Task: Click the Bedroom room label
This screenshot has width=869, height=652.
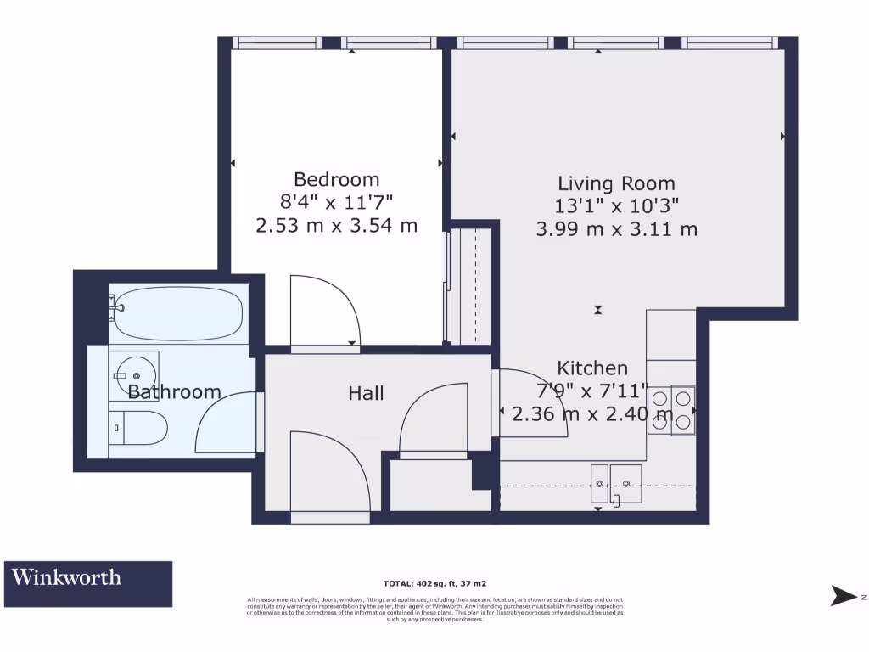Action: click(x=336, y=180)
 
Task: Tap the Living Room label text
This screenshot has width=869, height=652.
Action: click(x=616, y=183)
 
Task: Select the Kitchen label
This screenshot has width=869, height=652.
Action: click(x=592, y=368)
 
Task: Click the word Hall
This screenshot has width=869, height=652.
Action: click(x=366, y=393)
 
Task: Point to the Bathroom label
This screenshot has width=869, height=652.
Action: click(x=174, y=392)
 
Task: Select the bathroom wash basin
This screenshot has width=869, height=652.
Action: click(x=133, y=373)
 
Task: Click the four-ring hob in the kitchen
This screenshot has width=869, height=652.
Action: click(x=671, y=410)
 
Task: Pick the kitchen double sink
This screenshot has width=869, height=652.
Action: click(x=615, y=484)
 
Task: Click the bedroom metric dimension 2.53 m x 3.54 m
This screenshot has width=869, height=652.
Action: click(x=336, y=226)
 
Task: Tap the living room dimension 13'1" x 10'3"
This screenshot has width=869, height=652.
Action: click(x=616, y=206)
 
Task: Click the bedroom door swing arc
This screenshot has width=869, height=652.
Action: click(x=325, y=311)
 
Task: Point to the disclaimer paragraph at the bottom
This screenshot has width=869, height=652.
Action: click(x=434, y=609)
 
